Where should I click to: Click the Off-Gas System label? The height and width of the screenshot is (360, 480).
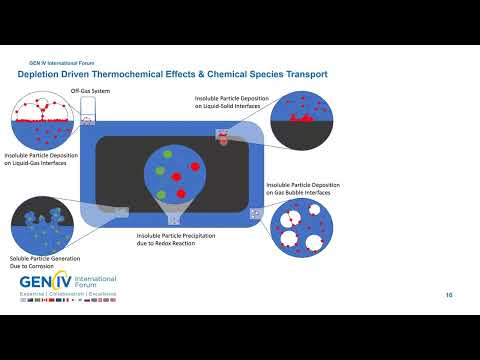pos(89,91)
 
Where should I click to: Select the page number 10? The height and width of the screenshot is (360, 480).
pos(449,295)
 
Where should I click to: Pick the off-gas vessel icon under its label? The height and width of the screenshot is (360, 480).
pos(88,119)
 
